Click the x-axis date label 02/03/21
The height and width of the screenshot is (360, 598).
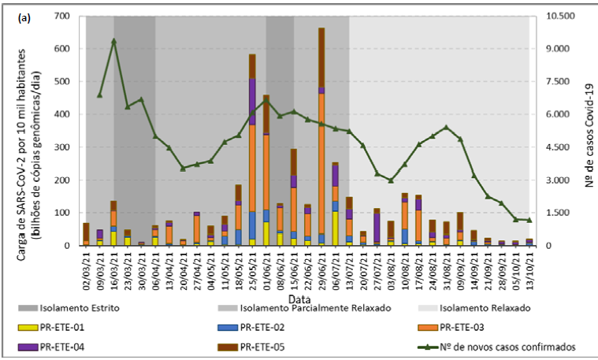pos(86,268)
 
